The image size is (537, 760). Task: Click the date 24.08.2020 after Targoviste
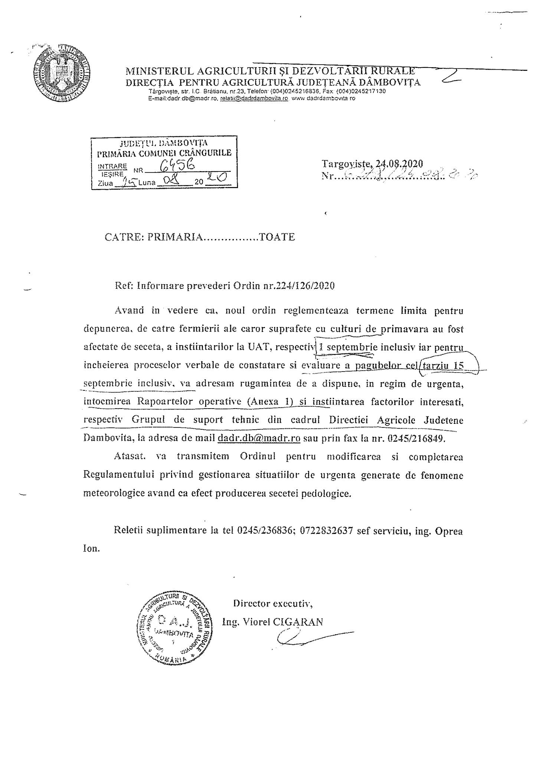[x=400, y=163]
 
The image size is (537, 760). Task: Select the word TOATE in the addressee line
[x=277, y=237]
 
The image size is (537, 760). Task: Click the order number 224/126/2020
[x=303, y=285]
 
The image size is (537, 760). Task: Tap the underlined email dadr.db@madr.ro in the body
[x=259, y=438]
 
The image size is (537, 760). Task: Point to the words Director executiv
[x=273, y=603]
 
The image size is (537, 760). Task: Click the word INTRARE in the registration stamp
[x=112, y=166]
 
